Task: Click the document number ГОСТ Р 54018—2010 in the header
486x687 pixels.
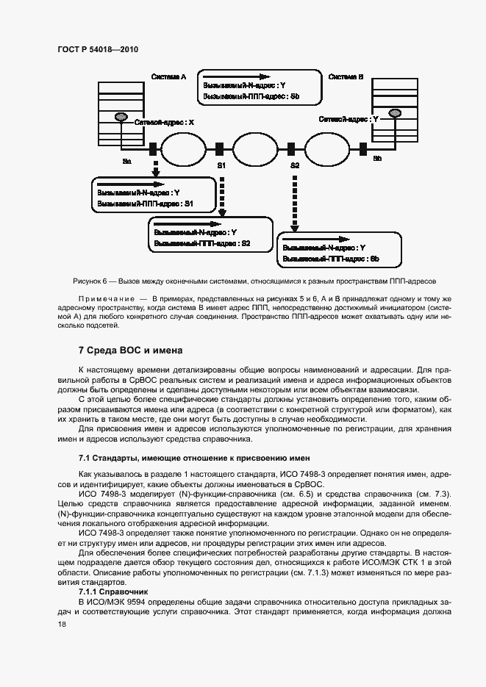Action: tap(97, 49)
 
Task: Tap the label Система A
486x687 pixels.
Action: tap(168, 76)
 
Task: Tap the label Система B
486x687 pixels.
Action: tap(346, 76)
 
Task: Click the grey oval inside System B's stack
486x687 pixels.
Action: tap(396, 112)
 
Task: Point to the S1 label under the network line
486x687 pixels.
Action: tap(221, 166)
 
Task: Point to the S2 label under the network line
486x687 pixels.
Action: tap(295, 166)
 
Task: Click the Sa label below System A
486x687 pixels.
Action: tap(126, 159)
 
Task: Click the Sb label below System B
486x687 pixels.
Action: tap(377, 159)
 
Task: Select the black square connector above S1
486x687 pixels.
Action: tap(220, 149)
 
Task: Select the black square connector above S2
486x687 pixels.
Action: tap(295, 149)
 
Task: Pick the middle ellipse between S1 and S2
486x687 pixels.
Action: tap(257, 149)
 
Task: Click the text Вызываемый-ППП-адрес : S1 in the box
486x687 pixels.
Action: tap(145, 203)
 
